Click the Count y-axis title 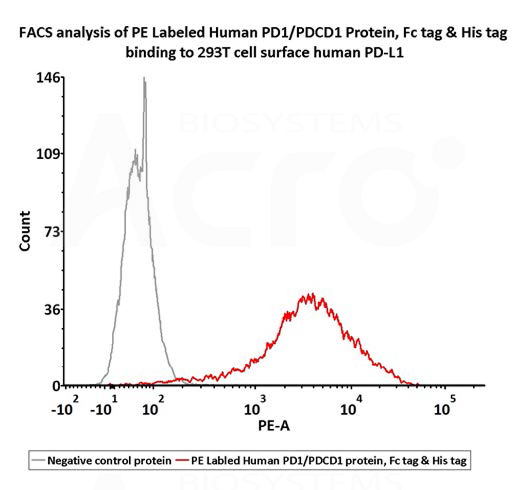[x=25, y=231]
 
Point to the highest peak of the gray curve [x=144, y=79]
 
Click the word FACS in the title [x=35, y=34]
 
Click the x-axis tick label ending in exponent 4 [x=352, y=407]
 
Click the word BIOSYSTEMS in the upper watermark [x=291, y=124]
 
